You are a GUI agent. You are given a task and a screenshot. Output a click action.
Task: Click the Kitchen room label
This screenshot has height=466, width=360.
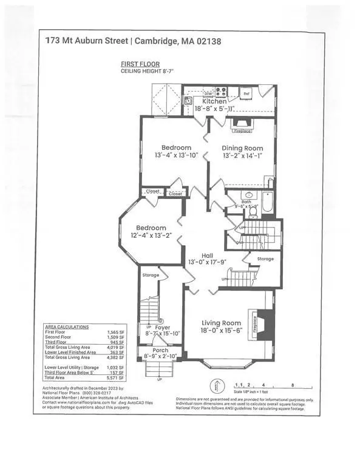[210, 101]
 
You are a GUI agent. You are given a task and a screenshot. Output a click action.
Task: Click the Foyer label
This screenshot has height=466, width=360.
[163, 327]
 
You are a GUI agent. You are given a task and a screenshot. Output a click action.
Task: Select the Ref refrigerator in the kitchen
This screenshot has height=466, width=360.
[246, 94]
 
